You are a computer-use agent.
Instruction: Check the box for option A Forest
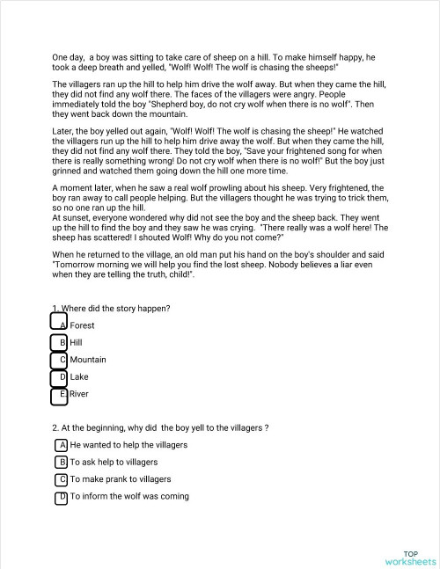pos(59,325)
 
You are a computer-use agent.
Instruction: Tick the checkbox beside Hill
pos(59,342)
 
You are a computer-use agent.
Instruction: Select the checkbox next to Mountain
pos(59,360)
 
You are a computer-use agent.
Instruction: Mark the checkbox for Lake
pos(59,377)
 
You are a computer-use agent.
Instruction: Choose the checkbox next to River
pos(59,395)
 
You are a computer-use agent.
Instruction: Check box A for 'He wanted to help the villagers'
pos(62,445)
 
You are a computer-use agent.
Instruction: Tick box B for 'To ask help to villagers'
pos(62,462)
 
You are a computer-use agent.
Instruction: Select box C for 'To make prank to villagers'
pos(62,479)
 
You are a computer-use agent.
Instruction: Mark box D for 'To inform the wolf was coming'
pos(62,497)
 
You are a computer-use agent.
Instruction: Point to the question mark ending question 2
pos(266,427)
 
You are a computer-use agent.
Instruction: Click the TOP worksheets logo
pos(410,557)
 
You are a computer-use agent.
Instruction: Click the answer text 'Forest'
pos(83,325)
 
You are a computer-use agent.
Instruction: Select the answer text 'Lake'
pos(79,377)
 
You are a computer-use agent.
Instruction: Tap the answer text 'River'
pos(80,395)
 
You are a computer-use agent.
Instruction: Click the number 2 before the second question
pos(55,427)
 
